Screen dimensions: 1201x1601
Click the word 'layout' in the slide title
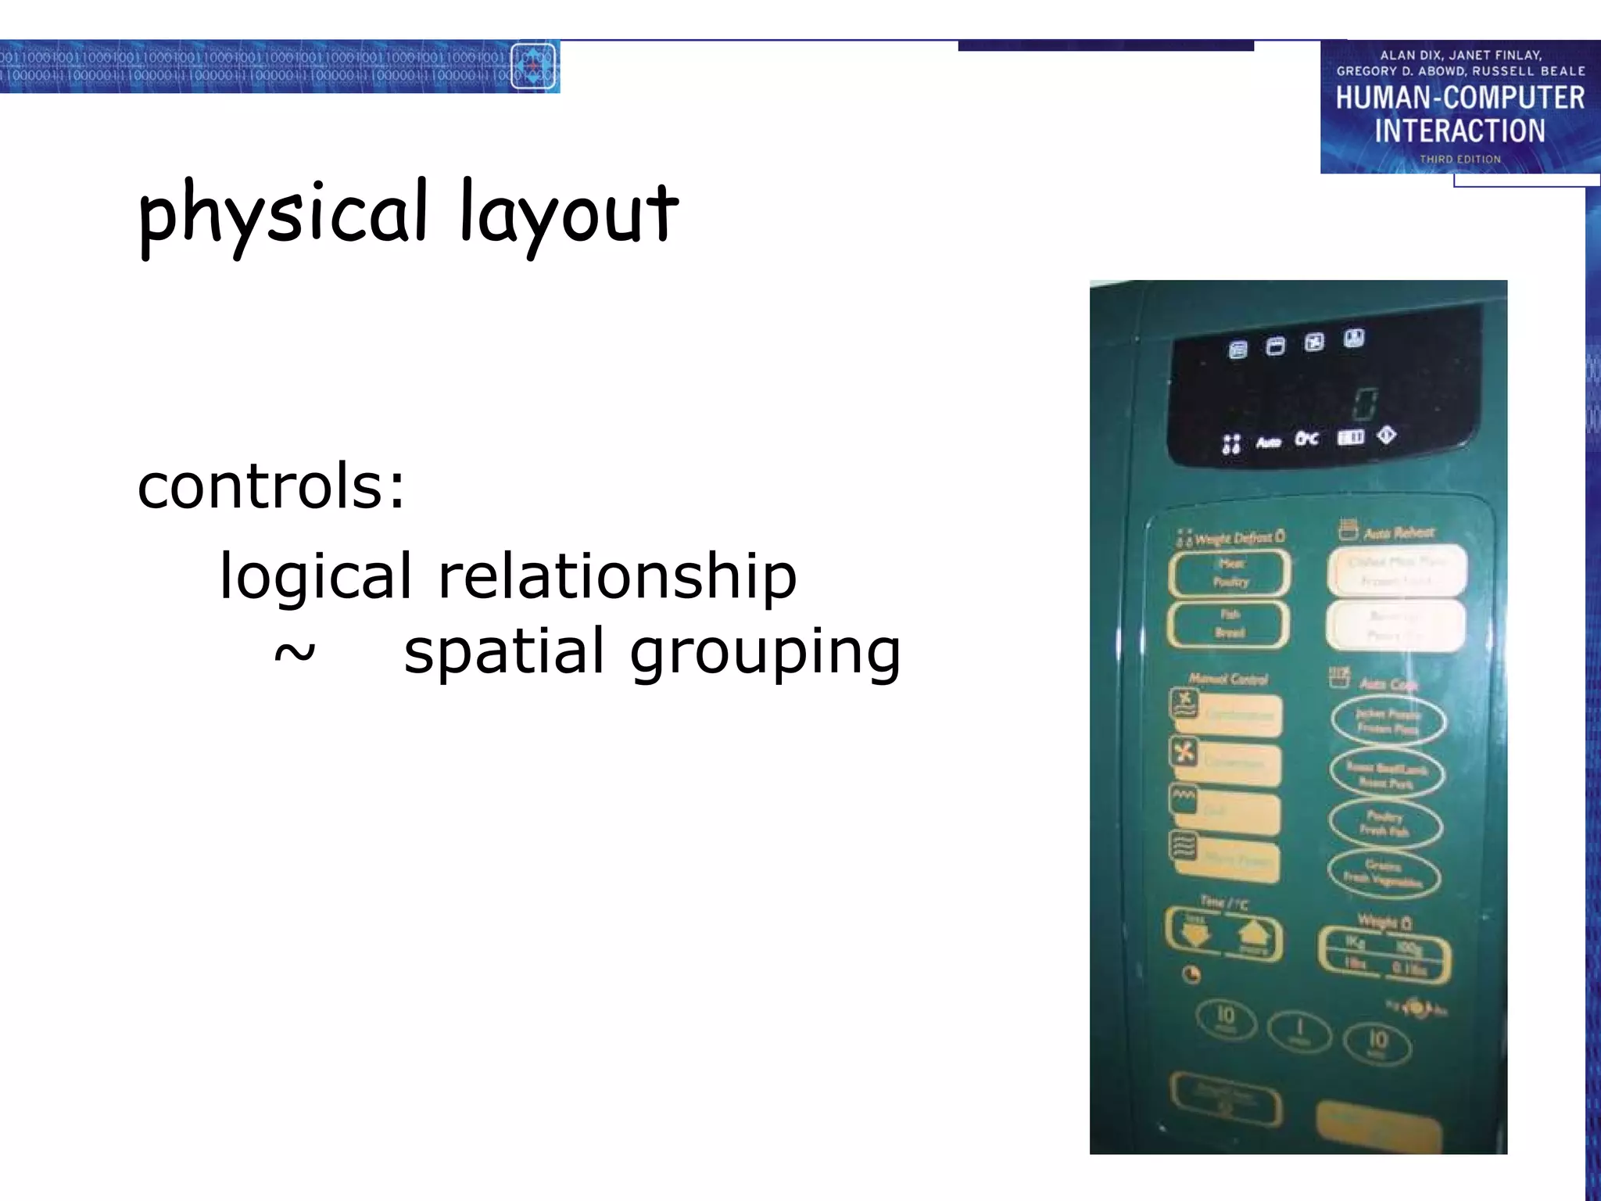pyautogui.click(x=568, y=213)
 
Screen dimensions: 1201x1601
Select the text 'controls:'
pyautogui.click(x=271, y=486)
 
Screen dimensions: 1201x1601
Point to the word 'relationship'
pyautogui.click(x=618, y=576)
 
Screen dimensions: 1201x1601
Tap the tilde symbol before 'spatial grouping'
pyautogui.click(x=295, y=651)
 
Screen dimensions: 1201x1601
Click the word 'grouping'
pyautogui.click(x=765, y=653)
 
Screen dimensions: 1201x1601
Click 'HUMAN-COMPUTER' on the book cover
pyautogui.click(x=1460, y=99)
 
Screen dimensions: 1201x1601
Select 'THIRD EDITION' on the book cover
pyautogui.click(x=1460, y=160)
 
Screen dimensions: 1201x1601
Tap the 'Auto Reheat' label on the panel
pyautogui.click(x=1399, y=533)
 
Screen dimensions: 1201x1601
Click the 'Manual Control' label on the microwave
pyautogui.click(x=1228, y=679)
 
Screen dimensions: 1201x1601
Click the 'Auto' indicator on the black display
pyautogui.click(x=1268, y=443)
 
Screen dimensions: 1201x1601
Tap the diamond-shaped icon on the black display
pyautogui.click(x=1387, y=435)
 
